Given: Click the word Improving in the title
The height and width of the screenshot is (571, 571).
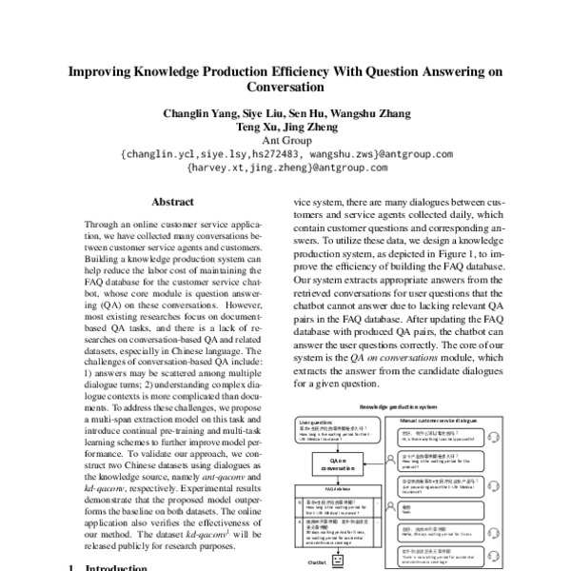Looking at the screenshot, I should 106,72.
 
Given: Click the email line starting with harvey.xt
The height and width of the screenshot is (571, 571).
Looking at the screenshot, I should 285,167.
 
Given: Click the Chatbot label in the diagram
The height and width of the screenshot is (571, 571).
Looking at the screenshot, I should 316,562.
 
